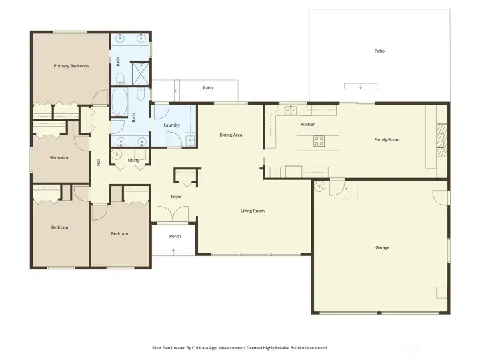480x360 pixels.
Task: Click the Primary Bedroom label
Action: pyautogui.click(x=71, y=66)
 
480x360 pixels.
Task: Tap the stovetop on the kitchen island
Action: pyautogui.click(x=319, y=141)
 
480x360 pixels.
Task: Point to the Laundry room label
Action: pyautogui.click(x=171, y=125)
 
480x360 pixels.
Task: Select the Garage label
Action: pyautogui.click(x=382, y=247)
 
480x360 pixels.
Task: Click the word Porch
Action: pyautogui.click(x=175, y=237)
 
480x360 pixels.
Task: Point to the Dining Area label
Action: pyautogui.click(x=231, y=135)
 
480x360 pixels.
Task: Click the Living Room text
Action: pyautogui.click(x=253, y=211)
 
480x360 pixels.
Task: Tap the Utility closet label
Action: pyautogui.click(x=133, y=160)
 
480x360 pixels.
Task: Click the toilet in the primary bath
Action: pyautogui.click(x=120, y=79)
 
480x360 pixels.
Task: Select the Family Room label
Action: pyautogui.click(x=387, y=139)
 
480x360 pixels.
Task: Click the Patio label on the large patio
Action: pyautogui.click(x=379, y=51)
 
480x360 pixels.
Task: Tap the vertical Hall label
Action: pyautogui.click(x=99, y=161)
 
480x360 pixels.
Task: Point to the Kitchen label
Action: pyautogui.click(x=307, y=125)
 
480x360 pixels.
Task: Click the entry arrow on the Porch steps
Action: pyautogui.click(x=175, y=251)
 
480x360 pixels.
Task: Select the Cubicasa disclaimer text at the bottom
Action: pyautogui.click(x=240, y=347)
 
